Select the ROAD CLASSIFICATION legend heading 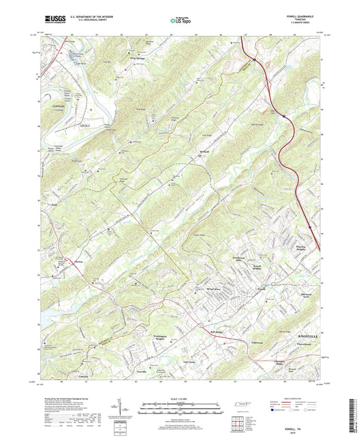click(x=289, y=397)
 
